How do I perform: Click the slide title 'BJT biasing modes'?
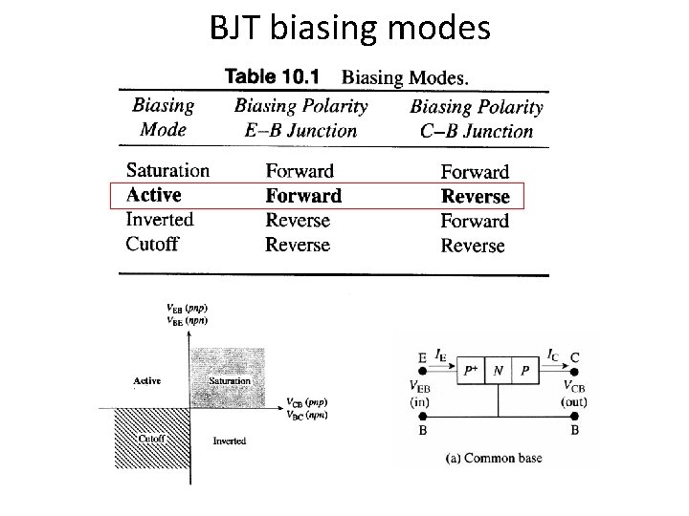349,29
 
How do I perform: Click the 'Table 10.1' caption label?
274,74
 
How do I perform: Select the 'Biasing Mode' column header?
163,117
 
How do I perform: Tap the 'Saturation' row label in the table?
167,171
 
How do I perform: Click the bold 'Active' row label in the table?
153,195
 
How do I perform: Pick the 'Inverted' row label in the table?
160,220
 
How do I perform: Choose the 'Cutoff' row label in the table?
152,244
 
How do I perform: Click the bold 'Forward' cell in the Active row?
303,196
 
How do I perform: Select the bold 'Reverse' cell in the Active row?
476,197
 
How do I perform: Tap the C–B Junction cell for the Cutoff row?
473,246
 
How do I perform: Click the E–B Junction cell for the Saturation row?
300,172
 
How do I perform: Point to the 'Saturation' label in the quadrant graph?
230,380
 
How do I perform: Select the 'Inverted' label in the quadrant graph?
229,441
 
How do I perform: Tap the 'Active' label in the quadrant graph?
146,380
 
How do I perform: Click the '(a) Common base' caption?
494,459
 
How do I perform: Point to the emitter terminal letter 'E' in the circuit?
422,358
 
